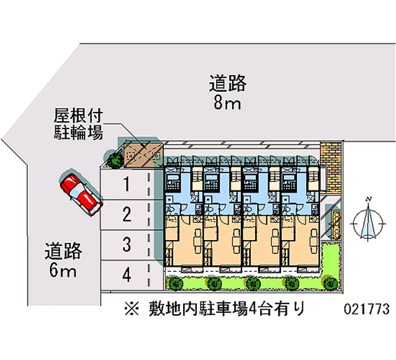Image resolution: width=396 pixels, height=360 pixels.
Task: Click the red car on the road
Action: (81, 193)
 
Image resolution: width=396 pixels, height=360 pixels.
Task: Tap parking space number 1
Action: (127, 185)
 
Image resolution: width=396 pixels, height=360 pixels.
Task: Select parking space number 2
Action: (127, 214)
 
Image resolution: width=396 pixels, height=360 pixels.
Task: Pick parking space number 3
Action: (127, 244)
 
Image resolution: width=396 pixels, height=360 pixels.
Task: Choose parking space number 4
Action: (127, 274)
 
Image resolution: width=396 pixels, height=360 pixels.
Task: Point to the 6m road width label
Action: (62, 261)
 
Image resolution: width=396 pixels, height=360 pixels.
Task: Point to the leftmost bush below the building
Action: (175, 283)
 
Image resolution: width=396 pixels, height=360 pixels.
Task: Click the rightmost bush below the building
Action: (330, 283)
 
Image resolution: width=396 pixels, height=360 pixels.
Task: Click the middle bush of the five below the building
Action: (252, 283)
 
